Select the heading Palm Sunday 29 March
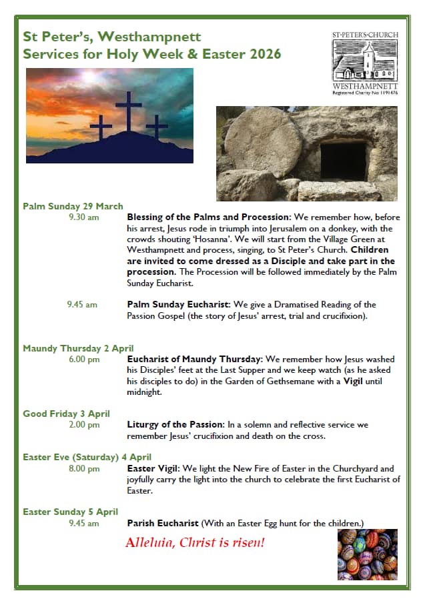[73, 206]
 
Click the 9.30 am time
[83, 217]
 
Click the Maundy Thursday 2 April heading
[78, 348]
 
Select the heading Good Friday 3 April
[66, 414]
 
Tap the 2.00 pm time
[83, 424]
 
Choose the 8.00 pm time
[83, 468]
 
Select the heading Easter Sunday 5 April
[70, 512]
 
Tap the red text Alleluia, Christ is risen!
[195, 542]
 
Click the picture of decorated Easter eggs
[367, 554]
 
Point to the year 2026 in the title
[260, 54]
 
